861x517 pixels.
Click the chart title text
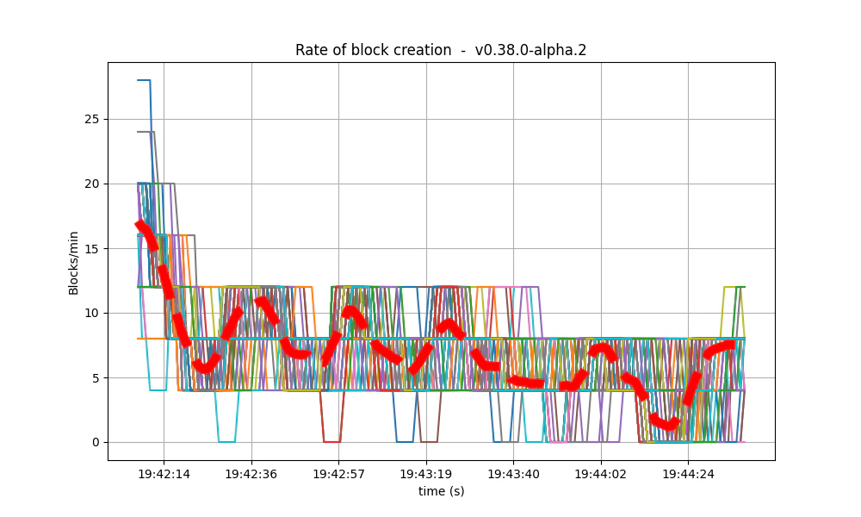[x=441, y=50]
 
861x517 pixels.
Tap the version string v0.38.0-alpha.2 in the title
[x=530, y=50]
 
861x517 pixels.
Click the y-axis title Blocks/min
[x=74, y=263]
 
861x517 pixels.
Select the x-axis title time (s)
[x=441, y=491]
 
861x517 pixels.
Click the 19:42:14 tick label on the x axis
[x=164, y=474]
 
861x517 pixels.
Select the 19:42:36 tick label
[x=251, y=474]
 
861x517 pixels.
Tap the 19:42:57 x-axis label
[x=338, y=474]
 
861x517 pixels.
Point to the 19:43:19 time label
[x=425, y=474]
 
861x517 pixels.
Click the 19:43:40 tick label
[x=513, y=474]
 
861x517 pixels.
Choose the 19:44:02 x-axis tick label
[x=600, y=474]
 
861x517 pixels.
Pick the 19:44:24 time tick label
[x=687, y=474]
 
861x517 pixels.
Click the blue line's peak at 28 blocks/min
[x=144, y=80]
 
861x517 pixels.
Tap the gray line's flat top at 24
[x=146, y=132]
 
